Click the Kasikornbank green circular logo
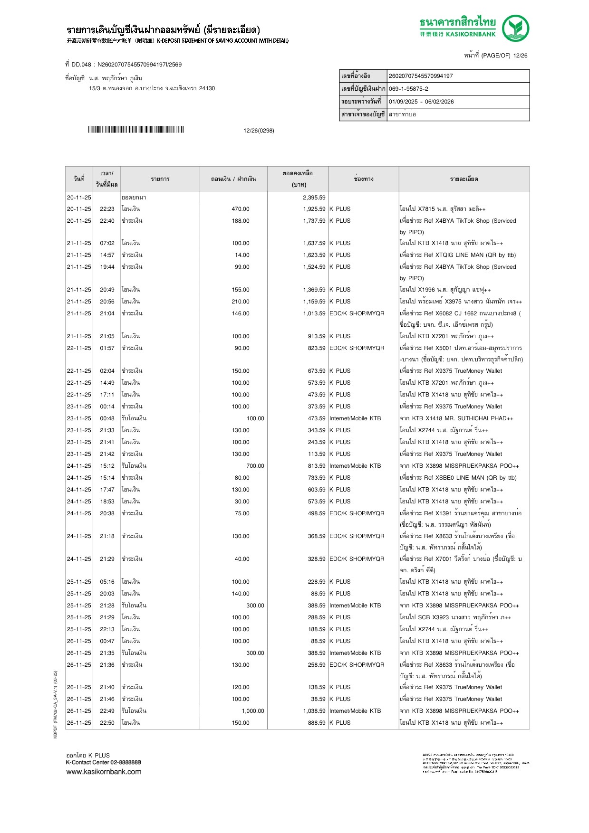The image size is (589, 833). (515, 28)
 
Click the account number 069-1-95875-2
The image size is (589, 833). (408, 89)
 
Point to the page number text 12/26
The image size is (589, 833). (520, 56)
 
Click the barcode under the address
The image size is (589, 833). (135, 130)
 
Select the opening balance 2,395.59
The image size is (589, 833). (314, 198)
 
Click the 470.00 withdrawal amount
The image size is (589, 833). (241, 209)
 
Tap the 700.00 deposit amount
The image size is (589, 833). (255, 466)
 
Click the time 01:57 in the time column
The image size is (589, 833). (107, 348)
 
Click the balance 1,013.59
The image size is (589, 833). (314, 313)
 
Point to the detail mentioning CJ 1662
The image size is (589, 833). (460, 313)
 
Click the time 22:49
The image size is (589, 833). (107, 711)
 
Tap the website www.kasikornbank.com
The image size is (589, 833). (103, 772)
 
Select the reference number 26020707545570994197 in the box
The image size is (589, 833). (421, 76)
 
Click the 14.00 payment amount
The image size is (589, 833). (242, 255)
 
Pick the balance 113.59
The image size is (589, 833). (316, 454)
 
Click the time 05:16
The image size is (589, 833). (107, 582)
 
